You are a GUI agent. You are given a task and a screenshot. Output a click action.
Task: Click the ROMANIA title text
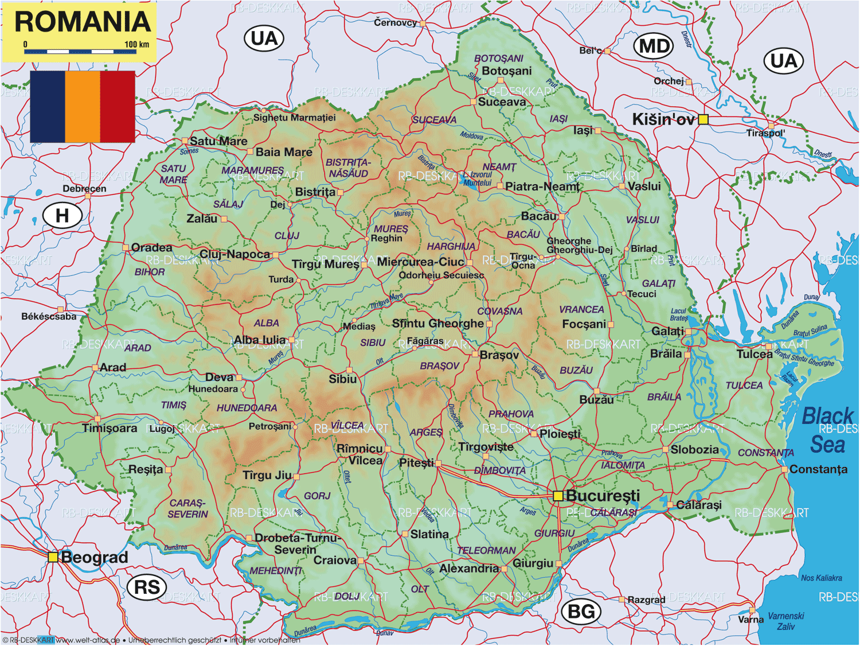83,22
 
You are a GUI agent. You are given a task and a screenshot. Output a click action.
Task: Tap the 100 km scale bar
80,52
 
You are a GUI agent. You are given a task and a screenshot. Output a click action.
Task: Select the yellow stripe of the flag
83,106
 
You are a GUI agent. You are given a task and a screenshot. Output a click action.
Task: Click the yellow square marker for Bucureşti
558,496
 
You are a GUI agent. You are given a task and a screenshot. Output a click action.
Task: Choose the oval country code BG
581,612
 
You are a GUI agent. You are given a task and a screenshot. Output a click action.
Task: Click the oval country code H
62,216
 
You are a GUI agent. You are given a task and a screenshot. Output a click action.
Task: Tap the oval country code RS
147,587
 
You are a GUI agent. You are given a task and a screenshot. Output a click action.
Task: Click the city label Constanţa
818,469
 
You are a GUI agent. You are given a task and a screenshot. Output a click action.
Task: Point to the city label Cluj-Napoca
234,254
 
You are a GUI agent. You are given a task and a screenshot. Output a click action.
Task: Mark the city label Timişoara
110,428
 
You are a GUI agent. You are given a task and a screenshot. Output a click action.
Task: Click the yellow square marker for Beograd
53,557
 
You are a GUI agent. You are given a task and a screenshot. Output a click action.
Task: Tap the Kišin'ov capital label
663,119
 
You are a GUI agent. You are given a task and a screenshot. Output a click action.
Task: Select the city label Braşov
499,355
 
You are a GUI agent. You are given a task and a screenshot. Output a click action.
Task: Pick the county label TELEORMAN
486,550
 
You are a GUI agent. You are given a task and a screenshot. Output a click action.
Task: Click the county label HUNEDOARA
247,408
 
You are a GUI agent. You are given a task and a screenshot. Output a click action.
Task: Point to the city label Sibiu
342,379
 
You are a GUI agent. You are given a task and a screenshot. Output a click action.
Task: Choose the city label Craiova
335,560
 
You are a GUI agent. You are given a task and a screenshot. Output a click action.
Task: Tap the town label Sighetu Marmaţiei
295,118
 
